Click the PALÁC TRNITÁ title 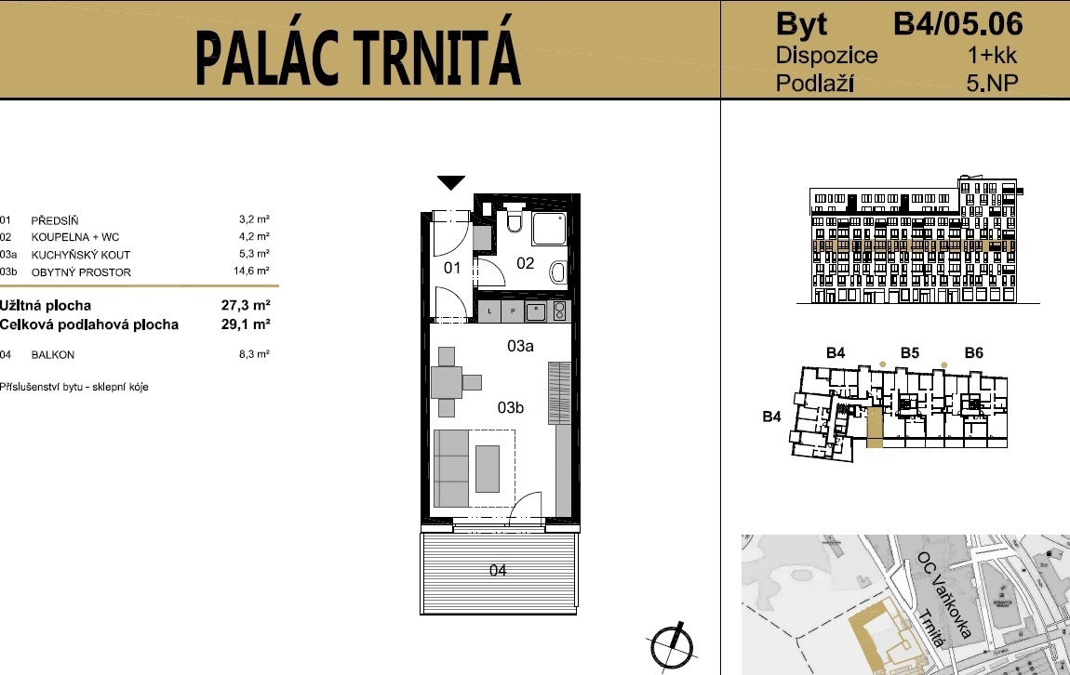click(358, 58)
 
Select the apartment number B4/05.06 click(958, 22)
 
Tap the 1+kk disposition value click(994, 55)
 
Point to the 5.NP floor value click(992, 84)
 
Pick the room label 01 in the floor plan click(452, 269)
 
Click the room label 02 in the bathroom click(526, 263)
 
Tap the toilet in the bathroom click(514, 221)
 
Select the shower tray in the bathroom click(545, 227)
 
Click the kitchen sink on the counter click(537, 311)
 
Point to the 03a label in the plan click(520, 346)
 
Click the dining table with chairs click(448, 382)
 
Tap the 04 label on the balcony click(498, 570)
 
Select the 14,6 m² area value click(251, 271)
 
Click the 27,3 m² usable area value click(252, 305)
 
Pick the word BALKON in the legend click(53, 354)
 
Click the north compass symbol click(672, 642)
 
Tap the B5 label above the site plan click(909, 352)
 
